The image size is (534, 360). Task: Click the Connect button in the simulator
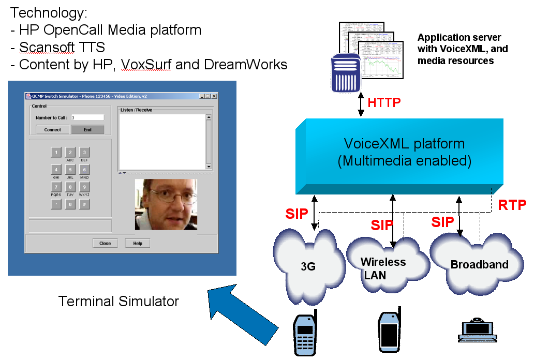[52, 130]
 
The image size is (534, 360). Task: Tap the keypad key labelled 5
[70, 170]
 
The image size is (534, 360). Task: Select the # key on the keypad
[84, 204]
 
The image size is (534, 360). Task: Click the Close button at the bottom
[105, 243]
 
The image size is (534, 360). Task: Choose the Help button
[138, 243]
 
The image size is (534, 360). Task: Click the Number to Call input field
[87, 117]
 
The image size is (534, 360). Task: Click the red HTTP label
[384, 102]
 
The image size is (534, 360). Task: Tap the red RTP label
[512, 205]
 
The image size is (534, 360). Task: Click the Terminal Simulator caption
[118, 301]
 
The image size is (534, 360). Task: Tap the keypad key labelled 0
[70, 204]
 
